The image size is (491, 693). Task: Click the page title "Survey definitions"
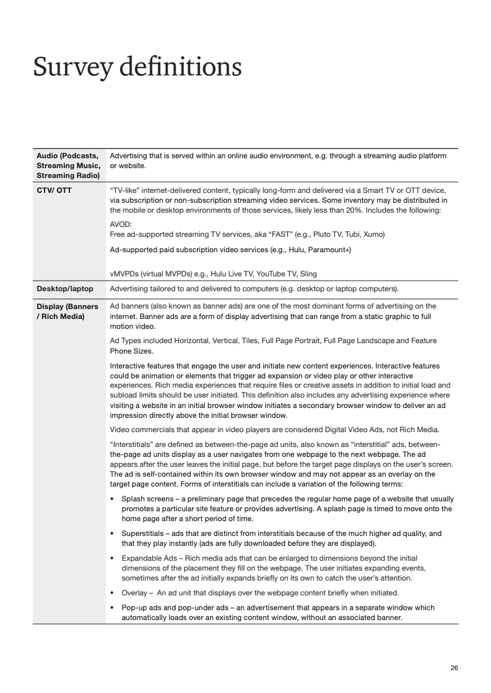tap(137, 67)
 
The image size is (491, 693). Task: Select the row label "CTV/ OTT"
tap(54, 190)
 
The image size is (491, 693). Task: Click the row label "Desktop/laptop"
tap(65, 289)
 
